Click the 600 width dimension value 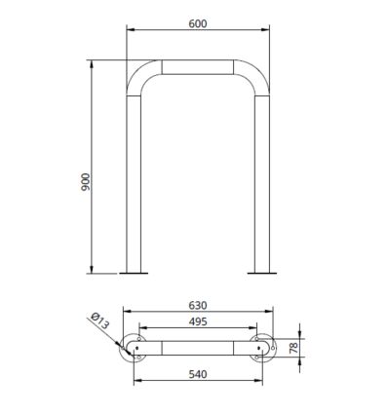pyautogui.click(x=198, y=23)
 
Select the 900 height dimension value pyautogui.click(x=86, y=182)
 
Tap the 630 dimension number pyautogui.click(x=198, y=306)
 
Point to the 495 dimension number pyautogui.click(x=198, y=321)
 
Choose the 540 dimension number pyautogui.click(x=198, y=374)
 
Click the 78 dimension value pyautogui.click(x=293, y=348)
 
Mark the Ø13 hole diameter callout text pyautogui.click(x=99, y=320)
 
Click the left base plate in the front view pyautogui.click(x=134, y=274)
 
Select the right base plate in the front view pyautogui.click(x=262, y=274)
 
